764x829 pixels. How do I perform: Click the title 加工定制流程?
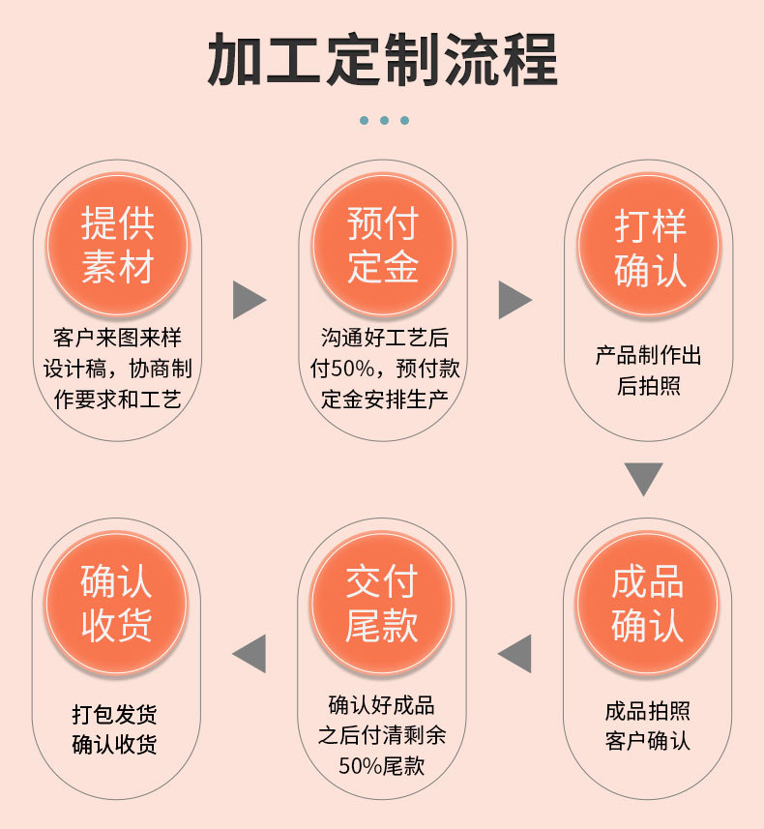click(382, 60)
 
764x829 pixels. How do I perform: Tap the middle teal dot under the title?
click(384, 120)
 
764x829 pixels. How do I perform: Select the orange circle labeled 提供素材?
click(118, 245)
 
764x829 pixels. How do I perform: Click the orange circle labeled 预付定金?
click(382, 245)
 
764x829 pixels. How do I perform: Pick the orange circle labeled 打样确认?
click(649, 245)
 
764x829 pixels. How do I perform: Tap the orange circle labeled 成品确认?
click(647, 603)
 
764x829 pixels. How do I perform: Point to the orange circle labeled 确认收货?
click(117, 603)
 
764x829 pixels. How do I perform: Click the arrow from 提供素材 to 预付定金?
click(248, 301)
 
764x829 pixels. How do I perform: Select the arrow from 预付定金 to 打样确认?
click(514, 301)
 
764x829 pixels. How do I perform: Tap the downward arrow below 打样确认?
click(643, 478)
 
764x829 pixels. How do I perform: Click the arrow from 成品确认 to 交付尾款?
click(515, 654)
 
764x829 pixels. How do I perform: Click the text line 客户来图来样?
click(117, 338)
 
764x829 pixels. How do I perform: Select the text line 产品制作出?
click(648, 355)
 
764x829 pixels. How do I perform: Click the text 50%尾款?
click(382, 765)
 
